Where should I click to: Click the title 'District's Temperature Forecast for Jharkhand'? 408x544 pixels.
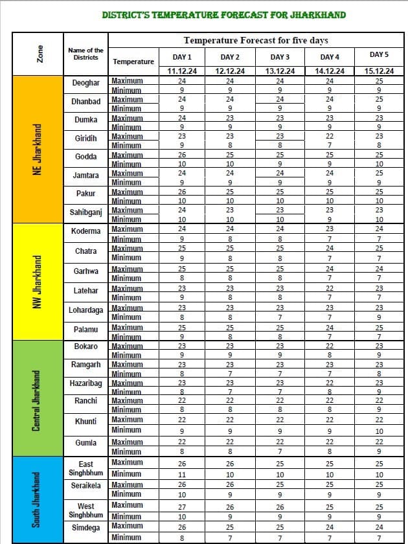[x=224, y=15]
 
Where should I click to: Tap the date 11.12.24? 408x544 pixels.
[x=182, y=71]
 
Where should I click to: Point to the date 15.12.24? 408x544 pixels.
[x=379, y=71]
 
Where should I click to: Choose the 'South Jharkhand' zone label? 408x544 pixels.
[x=38, y=499]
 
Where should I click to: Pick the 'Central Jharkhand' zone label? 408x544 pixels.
[x=38, y=397]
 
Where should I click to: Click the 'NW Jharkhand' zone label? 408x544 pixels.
[x=38, y=280]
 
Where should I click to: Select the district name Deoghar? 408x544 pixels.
[x=85, y=83]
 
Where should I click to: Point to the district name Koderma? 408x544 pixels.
[x=85, y=231]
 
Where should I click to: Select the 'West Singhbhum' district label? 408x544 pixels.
[x=85, y=510]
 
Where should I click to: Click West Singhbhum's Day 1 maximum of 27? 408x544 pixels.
[x=182, y=506]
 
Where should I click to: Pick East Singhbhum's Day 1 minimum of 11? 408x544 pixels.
[x=182, y=475]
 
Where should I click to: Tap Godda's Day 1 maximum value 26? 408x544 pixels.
[x=182, y=155]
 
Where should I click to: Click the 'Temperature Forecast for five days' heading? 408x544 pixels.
[x=256, y=40]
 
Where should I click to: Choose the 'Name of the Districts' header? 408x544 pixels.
[x=85, y=54]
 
